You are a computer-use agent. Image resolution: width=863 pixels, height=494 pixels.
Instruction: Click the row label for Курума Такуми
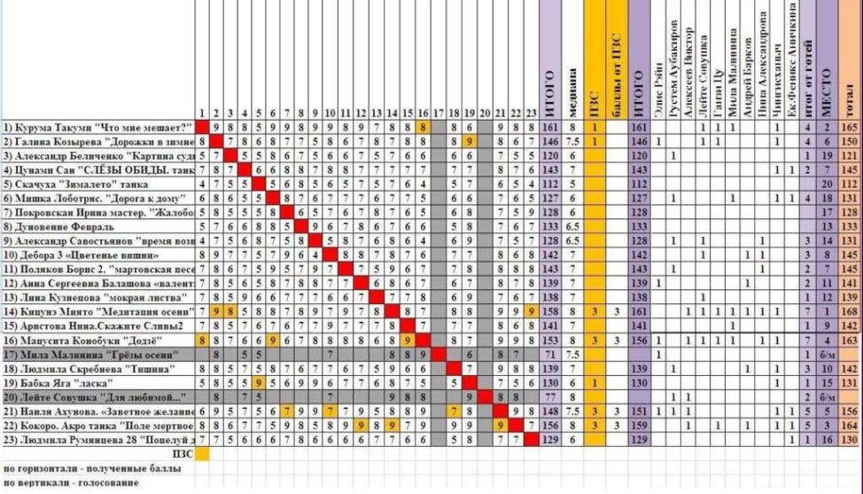tap(97, 128)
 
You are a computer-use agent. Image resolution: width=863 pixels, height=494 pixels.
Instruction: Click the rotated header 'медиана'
tap(573, 88)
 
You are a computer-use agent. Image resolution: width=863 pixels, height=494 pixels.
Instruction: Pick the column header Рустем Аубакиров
tap(675, 62)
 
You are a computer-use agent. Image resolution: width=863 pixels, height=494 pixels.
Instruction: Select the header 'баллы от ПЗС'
tap(617, 71)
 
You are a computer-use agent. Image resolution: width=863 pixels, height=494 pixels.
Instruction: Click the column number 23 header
tap(530, 114)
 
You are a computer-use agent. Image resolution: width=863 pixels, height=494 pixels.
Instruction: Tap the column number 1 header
tap(202, 114)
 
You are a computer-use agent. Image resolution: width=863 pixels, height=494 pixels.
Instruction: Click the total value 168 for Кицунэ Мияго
tap(851, 312)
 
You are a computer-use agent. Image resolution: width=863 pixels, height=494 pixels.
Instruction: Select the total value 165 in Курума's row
tap(851, 128)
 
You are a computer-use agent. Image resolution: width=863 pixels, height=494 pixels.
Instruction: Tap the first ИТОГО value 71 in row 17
tap(549, 355)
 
